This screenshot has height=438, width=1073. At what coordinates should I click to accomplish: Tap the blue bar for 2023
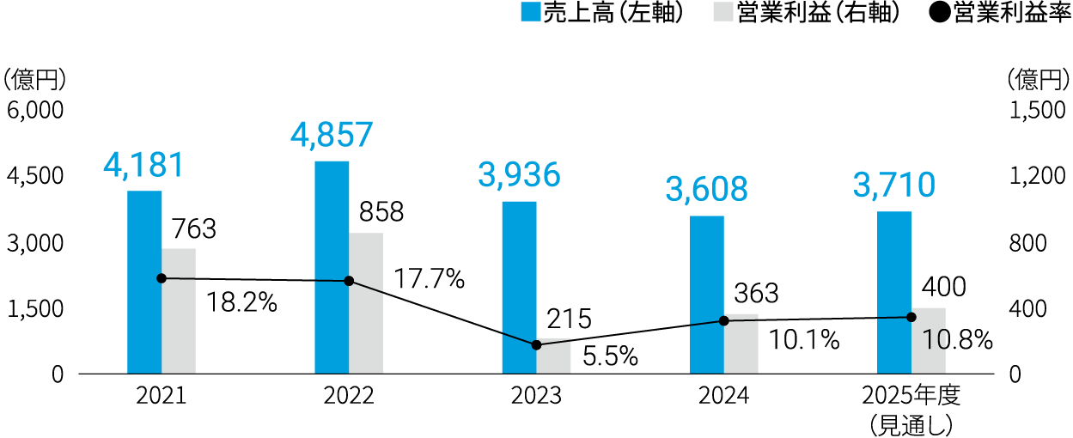tap(519, 287)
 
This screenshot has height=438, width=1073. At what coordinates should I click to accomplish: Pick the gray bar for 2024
tap(741, 344)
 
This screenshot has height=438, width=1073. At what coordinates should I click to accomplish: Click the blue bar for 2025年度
tap(893, 292)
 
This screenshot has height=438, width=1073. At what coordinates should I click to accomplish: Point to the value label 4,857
tap(332, 135)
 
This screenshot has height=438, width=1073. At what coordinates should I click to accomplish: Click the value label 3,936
tap(519, 175)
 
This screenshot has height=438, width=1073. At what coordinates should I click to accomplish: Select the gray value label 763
tap(193, 229)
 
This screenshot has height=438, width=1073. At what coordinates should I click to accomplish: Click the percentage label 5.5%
tap(610, 356)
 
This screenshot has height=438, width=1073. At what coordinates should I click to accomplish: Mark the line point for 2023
tap(537, 344)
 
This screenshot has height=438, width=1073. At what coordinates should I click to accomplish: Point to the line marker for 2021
tap(162, 278)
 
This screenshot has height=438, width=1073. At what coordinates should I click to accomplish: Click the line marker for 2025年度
tap(911, 317)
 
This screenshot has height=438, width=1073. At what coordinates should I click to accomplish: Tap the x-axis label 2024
tap(724, 396)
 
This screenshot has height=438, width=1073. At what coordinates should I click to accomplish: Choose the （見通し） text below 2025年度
tap(911, 424)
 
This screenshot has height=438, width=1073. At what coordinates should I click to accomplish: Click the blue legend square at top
tap(531, 12)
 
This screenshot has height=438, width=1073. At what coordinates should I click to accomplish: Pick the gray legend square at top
tap(723, 12)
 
